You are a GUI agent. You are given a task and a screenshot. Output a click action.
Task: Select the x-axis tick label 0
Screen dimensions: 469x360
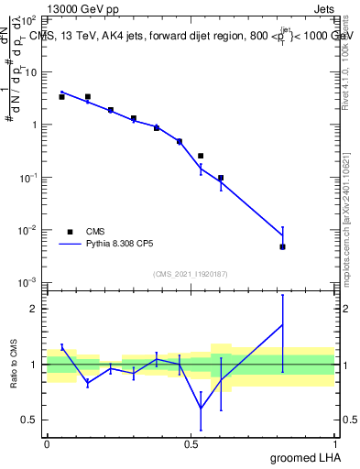[x=47, y=442]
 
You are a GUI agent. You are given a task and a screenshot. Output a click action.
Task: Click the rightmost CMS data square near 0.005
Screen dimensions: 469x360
[x=283, y=246]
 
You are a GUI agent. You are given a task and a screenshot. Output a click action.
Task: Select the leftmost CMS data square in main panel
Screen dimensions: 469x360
[x=61, y=96]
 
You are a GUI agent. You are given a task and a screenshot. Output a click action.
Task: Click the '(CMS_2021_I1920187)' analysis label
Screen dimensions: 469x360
[x=191, y=273]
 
